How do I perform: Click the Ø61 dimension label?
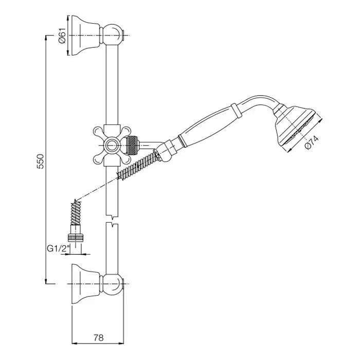point(62,35)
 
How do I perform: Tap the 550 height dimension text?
point(40,161)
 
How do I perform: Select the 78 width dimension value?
point(99,338)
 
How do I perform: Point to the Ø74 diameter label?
point(312,143)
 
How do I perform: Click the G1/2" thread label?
point(58,248)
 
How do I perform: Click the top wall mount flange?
point(86,35)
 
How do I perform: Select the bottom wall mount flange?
point(86,284)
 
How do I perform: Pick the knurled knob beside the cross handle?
point(133,145)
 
